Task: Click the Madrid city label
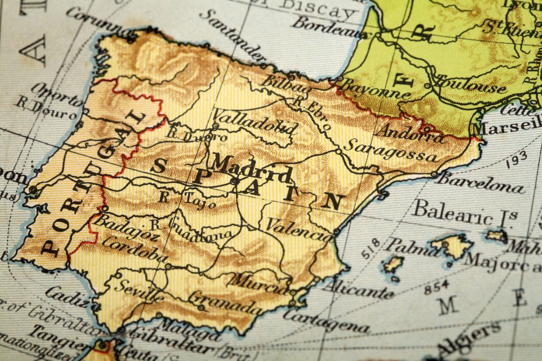coord(251,168)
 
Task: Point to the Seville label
coord(139,290)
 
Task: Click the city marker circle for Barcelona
coord(434,175)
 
